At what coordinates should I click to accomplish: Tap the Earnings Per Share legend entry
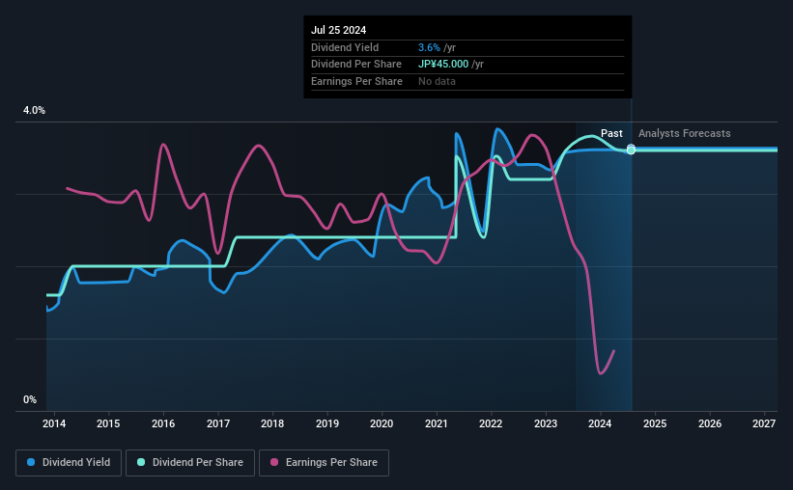pos(324,463)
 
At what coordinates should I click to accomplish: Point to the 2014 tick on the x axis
pos(54,423)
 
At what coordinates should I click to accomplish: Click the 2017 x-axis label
pos(218,423)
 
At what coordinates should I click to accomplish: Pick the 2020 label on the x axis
pos(382,423)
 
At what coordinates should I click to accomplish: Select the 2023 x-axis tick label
pos(546,423)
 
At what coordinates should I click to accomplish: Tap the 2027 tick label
pos(764,423)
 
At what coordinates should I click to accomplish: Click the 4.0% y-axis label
pos(34,111)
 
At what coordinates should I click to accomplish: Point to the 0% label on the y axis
pos(30,399)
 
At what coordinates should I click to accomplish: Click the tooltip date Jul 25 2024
pos(339,30)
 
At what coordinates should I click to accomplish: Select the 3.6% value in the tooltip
pos(430,47)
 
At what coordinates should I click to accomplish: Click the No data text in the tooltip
pos(437,81)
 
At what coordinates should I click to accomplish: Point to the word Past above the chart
pos(611,133)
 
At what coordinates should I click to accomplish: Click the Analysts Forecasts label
pos(684,133)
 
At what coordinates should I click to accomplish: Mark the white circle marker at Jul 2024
pos(631,150)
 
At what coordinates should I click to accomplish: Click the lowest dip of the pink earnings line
pos(601,372)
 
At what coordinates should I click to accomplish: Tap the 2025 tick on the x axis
pos(655,423)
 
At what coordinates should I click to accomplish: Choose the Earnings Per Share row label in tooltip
pos(356,81)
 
